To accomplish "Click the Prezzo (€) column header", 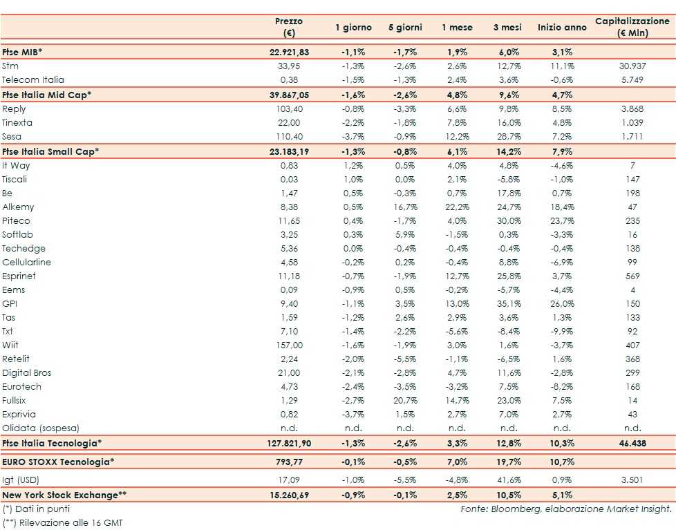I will pyautogui.click(x=288, y=27).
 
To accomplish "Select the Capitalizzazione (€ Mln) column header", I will pyautogui.click(x=632, y=27).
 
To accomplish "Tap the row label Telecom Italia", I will pyautogui.click(x=32, y=80).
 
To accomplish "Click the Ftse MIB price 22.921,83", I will pyautogui.click(x=288, y=53).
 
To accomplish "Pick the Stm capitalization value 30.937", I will pyautogui.click(x=632, y=66).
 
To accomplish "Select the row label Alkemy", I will pyautogui.click(x=18, y=207).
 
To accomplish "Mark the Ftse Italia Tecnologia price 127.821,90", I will pyautogui.click(x=288, y=443).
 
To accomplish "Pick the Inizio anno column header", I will pyautogui.click(x=562, y=27).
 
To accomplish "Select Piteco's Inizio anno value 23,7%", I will pyautogui.click(x=562, y=220).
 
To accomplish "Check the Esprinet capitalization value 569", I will pyautogui.click(x=632, y=276).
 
